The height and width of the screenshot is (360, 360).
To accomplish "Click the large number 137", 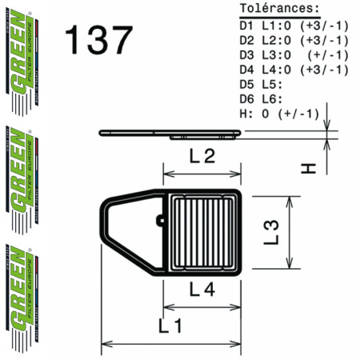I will [98, 40].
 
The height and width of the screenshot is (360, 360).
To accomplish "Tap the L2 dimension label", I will [201, 158].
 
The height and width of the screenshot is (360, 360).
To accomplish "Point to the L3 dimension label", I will [272, 231].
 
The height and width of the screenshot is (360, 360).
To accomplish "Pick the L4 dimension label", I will [201, 291].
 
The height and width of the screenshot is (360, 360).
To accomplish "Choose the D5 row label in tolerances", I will [248, 84].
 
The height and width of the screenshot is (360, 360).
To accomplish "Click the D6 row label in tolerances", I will [248, 99].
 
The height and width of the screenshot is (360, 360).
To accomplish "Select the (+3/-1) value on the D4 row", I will [324, 70].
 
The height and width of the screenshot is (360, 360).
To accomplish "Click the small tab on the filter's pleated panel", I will [161, 218].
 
